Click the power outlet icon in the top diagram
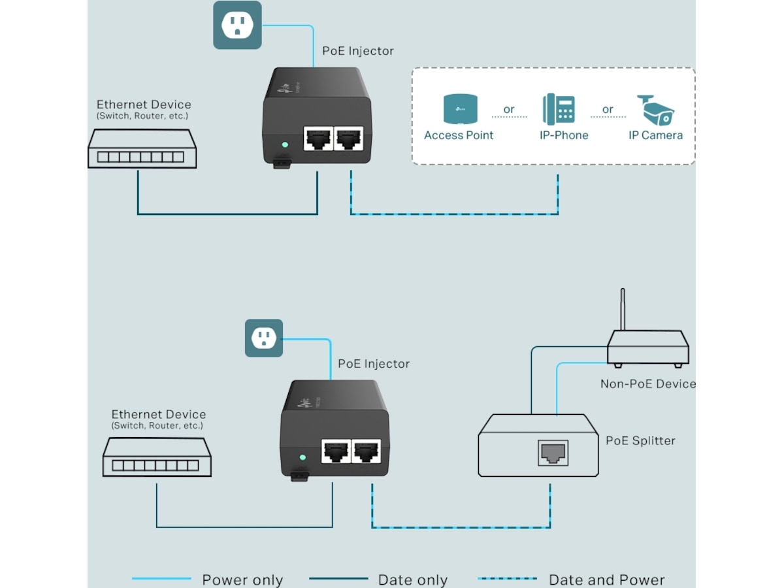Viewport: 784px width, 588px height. click(237, 25)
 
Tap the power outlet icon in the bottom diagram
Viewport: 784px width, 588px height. click(264, 338)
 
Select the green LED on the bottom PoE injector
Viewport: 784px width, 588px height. click(302, 458)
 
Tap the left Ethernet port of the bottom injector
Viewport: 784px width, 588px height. click(336, 451)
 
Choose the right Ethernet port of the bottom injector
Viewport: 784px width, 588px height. click(366, 451)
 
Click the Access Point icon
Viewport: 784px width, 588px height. click(460, 109)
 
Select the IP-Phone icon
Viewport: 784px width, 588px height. click(559, 109)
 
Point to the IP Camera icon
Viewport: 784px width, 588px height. click(655, 110)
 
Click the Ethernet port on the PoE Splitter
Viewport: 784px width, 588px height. click(553, 453)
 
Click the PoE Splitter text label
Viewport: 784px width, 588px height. click(640, 441)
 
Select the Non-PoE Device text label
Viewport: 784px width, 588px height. click(647, 384)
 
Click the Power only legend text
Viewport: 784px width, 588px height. click(242, 580)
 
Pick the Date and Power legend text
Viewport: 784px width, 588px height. click(606, 580)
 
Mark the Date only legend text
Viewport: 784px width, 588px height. click(413, 580)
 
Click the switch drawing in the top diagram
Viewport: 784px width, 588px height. click(142, 148)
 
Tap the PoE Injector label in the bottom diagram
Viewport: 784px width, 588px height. click(374, 364)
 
